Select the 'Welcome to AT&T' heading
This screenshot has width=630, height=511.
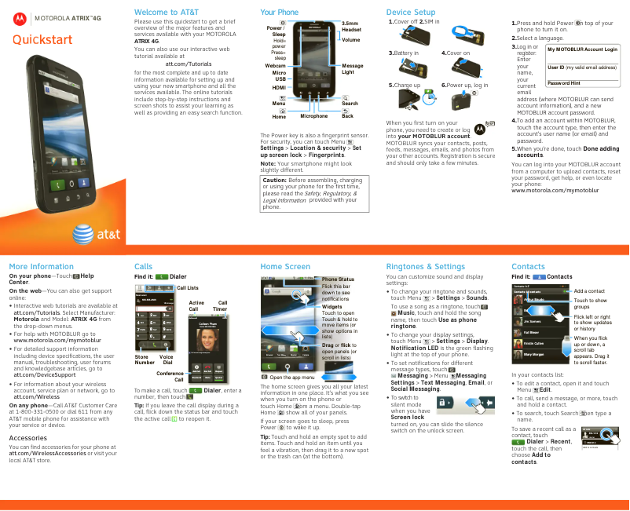pos(167,13)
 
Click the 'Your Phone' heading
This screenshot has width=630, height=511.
pos(280,13)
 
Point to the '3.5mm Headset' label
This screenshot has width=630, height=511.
pos(351,27)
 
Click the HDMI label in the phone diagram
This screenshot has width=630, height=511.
pos(279,88)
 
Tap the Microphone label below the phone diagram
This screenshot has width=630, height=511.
pos(313,116)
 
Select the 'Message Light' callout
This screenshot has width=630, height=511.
pos(353,68)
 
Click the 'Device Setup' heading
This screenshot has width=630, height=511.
pos(411,13)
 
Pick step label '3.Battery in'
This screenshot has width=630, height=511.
pos(404,53)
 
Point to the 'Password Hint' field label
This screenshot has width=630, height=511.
pos(564,82)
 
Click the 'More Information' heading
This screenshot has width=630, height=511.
pos(42,267)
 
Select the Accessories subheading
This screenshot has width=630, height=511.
pos(27,437)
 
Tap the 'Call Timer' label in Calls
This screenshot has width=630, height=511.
pos(222,306)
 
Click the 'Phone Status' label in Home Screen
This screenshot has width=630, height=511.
pos(338,279)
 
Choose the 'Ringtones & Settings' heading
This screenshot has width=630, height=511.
pos(426,267)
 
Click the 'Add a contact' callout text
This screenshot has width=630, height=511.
pos(589,291)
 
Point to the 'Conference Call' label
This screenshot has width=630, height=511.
pos(170,376)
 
